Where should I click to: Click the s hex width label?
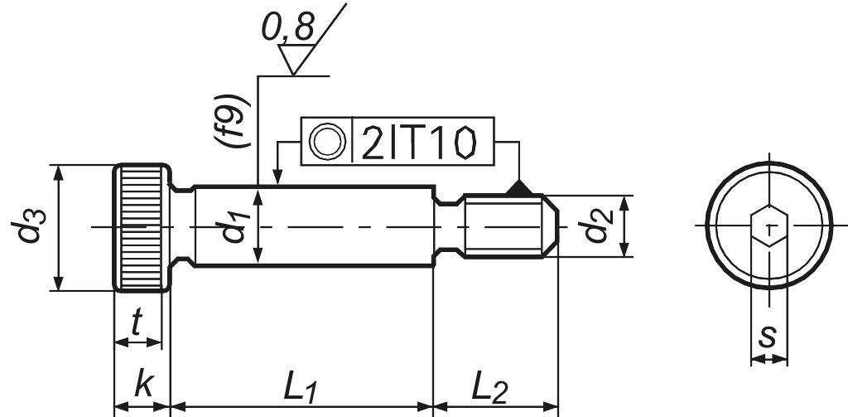tap(768, 336)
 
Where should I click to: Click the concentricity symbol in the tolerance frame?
tap(325, 143)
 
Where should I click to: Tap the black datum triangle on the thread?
tap(519, 189)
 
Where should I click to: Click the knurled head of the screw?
tap(141, 227)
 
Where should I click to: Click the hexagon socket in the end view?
tap(769, 226)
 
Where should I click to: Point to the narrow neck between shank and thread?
tap(448, 226)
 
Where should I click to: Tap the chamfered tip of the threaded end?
tap(551, 226)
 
